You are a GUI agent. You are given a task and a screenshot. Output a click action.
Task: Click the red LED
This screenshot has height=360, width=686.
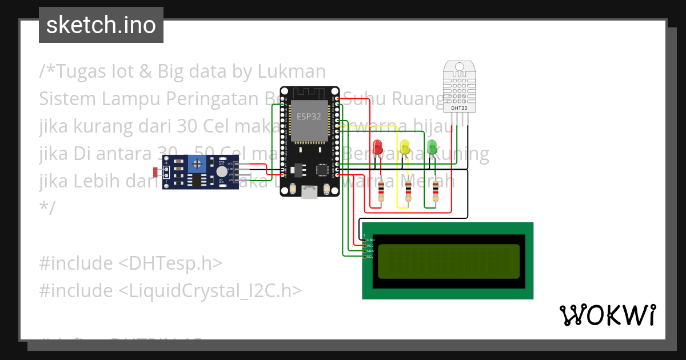[x=377, y=147]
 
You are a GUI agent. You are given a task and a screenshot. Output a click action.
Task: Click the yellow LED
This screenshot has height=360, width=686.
[x=405, y=147]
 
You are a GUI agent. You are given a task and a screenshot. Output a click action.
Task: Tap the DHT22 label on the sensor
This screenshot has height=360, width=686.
[x=459, y=107]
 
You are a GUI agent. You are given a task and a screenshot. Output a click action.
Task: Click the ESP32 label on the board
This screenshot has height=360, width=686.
[x=309, y=116]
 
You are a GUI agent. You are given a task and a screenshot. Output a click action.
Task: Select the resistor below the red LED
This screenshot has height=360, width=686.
[x=381, y=193]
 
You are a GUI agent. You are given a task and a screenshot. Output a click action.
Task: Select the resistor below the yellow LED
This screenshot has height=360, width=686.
[x=408, y=193]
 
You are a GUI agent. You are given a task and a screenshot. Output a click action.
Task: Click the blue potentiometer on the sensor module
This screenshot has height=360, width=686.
[x=197, y=165]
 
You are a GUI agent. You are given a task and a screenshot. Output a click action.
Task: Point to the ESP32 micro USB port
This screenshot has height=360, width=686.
[x=310, y=193]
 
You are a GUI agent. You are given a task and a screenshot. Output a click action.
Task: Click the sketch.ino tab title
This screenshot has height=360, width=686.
[x=101, y=25]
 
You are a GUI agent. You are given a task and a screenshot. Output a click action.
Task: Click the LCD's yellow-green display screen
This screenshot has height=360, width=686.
[x=449, y=262]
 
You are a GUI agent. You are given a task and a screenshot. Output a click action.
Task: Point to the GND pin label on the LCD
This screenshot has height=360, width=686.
[x=370, y=239]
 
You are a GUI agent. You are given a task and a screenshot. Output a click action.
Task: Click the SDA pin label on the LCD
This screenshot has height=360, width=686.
[x=370, y=251]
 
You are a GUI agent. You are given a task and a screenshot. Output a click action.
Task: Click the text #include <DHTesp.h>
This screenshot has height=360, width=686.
[x=130, y=263]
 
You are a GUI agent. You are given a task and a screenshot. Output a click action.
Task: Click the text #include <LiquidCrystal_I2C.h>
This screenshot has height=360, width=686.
[x=170, y=291]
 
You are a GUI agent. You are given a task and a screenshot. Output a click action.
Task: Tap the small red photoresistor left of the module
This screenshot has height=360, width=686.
[x=156, y=171]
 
